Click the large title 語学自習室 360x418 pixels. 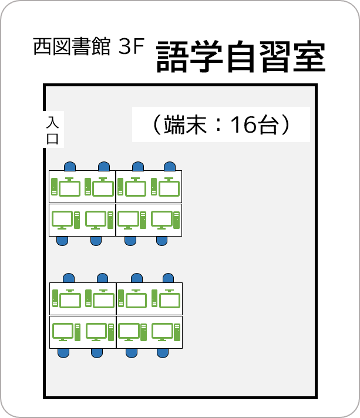point(241,56)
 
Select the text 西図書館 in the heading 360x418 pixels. point(72,46)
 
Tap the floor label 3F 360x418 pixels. point(131,46)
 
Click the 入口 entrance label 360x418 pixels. point(52,130)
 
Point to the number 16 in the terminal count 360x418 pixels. point(243,124)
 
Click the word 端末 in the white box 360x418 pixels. point(185,124)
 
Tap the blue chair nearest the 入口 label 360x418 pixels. point(70,166)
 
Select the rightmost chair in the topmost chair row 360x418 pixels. point(170,166)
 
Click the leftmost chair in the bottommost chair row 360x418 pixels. point(63,353)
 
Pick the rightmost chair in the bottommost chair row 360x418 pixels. point(163,353)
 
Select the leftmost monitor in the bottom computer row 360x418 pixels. point(63,332)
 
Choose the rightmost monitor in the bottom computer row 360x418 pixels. point(162,332)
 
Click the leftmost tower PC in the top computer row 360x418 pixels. point(55,187)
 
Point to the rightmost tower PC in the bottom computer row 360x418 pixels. point(177,332)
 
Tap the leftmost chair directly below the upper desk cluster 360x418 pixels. point(62,241)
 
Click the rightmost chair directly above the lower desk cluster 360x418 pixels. point(169,278)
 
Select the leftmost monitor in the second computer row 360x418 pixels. point(62,220)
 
